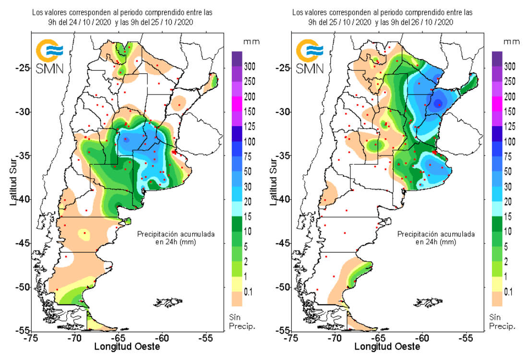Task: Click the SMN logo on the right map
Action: [309, 57]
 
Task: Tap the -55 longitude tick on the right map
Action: [465, 337]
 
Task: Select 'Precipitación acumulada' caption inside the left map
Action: [176, 234]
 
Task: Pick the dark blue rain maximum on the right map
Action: [437, 103]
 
